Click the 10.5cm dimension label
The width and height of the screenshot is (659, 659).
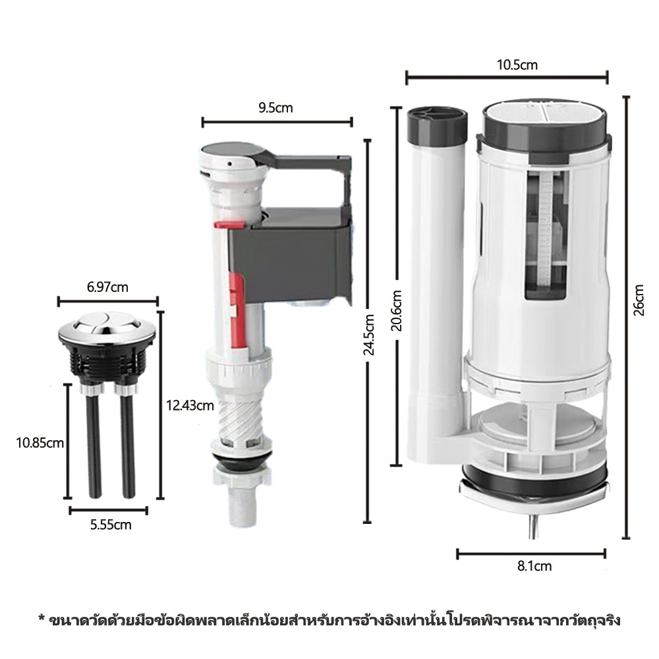coord(517,65)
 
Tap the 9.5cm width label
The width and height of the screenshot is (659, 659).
coord(275,108)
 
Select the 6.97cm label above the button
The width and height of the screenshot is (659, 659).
coord(107,287)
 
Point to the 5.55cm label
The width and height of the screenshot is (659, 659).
coord(111,525)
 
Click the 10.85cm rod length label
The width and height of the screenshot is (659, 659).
coord(40,443)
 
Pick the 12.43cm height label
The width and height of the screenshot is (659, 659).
coord(190,406)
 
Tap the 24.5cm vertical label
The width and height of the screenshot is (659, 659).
coord(368,335)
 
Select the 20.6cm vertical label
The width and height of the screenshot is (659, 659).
coord(396,310)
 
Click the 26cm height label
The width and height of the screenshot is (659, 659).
coord(639,300)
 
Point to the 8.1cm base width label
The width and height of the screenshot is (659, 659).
coord(534,566)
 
